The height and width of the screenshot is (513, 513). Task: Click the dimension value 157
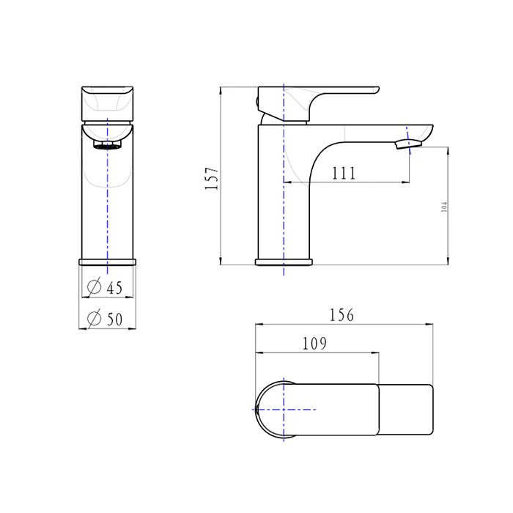(212, 177)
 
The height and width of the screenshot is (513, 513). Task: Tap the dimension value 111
(343, 173)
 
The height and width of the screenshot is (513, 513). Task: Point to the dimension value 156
(342, 315)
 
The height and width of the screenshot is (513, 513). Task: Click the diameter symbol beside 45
(94, 288)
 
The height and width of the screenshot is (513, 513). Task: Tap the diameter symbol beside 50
(94, 319)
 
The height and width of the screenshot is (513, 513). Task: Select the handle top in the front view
(107, 103)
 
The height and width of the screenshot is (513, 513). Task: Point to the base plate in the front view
(107, 261)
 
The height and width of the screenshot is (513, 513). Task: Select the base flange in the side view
(283, 261)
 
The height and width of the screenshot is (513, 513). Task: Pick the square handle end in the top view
(406, 410)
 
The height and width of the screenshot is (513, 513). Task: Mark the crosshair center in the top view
(283, 410)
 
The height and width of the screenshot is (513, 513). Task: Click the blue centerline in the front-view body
(107, 205)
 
